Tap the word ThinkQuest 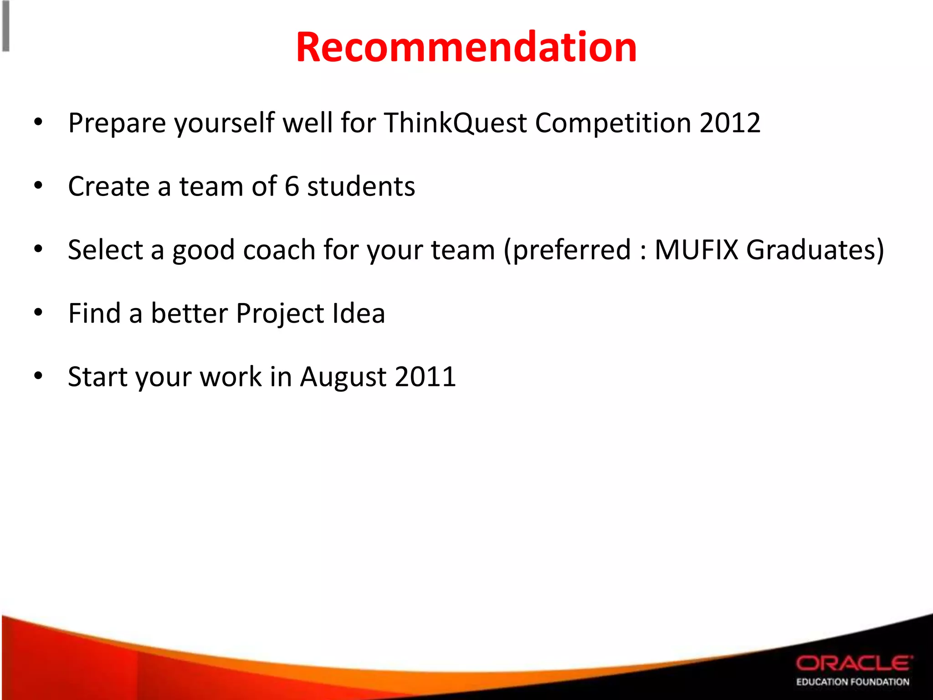[x=455, y=123]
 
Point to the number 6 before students [x=292, y=186]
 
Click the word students [x=361, y=186]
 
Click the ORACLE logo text [x=854, y=663]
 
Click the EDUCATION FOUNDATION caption [x=852, y=682]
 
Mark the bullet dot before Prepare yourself [x=38, y=122]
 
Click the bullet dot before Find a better [x=38, y=313]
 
